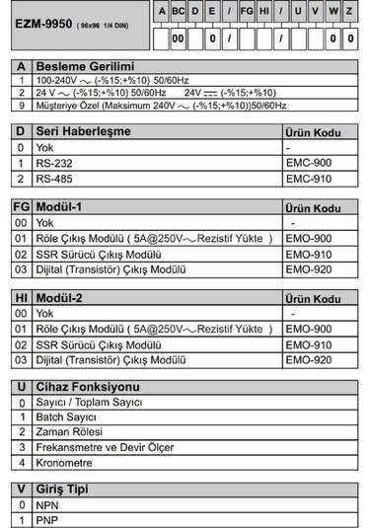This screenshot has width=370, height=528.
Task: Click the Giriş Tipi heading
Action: point(66,488)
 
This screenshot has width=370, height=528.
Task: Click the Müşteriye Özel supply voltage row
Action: point(158,104)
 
